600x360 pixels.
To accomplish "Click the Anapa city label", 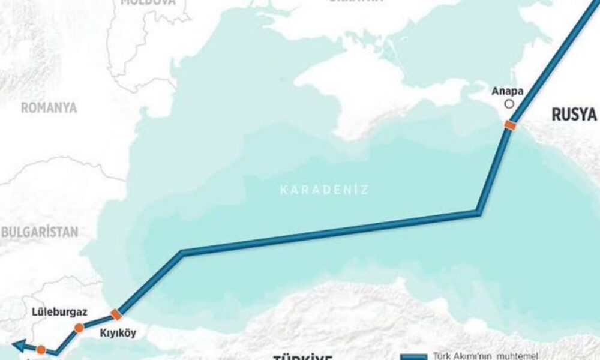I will click(x=507, y=92).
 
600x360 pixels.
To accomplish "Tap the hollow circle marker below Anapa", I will click(x=509, y=104).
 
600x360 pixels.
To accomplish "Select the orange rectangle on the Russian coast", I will click(x=509, y=125).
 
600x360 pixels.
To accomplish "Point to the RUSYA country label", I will click(x=574, y=115).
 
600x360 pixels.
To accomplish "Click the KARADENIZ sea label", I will click(x=324, y=190).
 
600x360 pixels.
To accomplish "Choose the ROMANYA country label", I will click(x=49, y=108).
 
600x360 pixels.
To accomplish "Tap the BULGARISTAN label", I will click(x=39, y=232).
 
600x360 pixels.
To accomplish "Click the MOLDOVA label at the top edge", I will click(x=148, y=3).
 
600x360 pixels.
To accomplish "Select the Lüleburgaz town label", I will click(x=60, y=312).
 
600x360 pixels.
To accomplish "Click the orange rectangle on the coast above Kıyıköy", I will click(x=116, y=314).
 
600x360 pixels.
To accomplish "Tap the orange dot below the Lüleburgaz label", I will click(x=79, y=328).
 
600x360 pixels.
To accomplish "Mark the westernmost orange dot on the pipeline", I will click(x=40, y=349).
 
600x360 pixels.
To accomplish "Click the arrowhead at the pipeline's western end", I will click(x=17, y=346).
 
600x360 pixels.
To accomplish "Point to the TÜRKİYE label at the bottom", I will click(x=303, y=358).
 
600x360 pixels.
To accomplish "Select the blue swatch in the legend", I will click(x=415, y=356).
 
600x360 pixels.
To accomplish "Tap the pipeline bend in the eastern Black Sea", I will click(x=478, y=212).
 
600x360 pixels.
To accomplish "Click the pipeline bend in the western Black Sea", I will click(x=182, y=253).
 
